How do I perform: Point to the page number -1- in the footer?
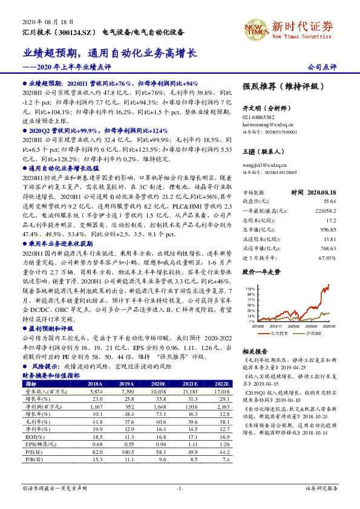point(180,487)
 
